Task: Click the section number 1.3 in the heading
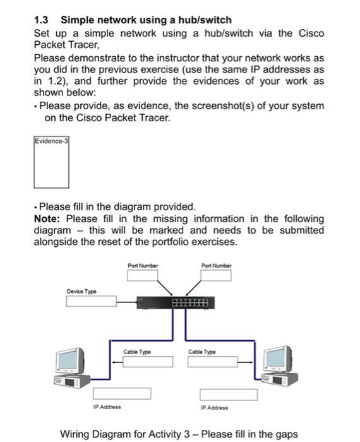42,20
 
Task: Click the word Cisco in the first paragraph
310,33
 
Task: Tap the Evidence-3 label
51,141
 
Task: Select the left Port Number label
143,266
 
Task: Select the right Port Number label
216,266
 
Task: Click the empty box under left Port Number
142,276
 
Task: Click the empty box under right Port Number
216,276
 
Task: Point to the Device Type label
81,291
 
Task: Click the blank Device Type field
101,302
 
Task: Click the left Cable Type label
137,352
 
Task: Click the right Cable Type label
202,352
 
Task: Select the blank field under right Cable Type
213,362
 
